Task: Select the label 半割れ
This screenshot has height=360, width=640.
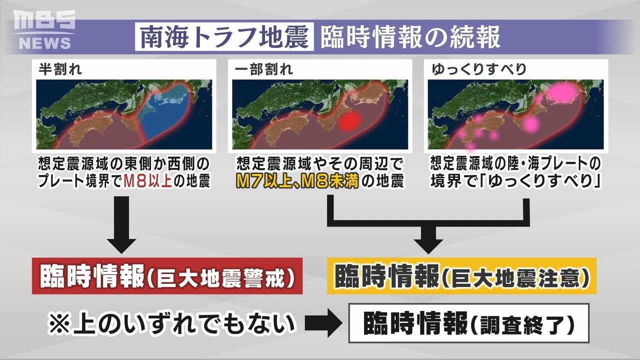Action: click(60, 69)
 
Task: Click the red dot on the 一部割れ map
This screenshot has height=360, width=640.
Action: click(349, 120)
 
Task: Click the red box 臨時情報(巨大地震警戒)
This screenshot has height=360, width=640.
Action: click(167, 276)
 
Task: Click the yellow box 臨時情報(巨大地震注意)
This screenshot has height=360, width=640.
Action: click(461, 276)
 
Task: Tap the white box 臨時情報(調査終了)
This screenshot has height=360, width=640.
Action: click(468, 323)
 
